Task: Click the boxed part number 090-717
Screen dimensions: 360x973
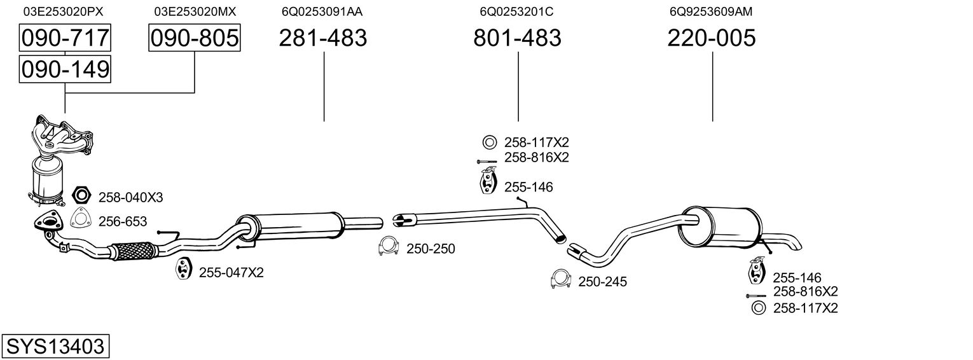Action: pyautogui.click(x=65, y=38)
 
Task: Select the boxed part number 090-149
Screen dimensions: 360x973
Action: pyautogui.click(x=65, y=69)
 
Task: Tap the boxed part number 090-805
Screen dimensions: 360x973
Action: pyautogui.click(x=195, y=38)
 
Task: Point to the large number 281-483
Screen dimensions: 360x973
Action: pyautogui.click(x=323, y=38)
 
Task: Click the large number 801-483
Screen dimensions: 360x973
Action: pyautogui.click(x=517, y=38)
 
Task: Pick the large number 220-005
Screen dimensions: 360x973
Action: pyautogui.click(x=712, y=38)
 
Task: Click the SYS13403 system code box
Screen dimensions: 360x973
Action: pyautogui.click(x=55, y=347)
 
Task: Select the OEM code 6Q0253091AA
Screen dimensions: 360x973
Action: pyautogui.click(x=323, y=11)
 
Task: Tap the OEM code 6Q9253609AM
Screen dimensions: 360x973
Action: pyautogui.click(x=712, y=11)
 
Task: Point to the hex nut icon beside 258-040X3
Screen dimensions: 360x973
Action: pyautogui.click(x=82, y=196)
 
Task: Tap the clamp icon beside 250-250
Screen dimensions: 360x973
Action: pyautogui.click(x=388, y=247)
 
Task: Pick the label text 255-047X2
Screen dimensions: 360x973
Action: pyautogui.click(x=231, y=273)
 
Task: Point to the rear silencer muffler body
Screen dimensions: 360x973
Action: pyautogui.click(x=722, y=226)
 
